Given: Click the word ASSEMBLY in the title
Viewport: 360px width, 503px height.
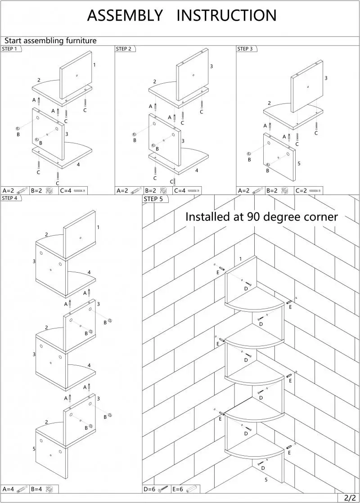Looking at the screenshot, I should point(125,16).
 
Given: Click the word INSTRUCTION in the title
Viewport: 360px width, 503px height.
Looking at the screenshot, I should point(226,16).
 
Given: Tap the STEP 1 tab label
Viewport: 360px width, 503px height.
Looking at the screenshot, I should point(10,49).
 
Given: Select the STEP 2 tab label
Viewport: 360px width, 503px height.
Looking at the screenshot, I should point(124,49).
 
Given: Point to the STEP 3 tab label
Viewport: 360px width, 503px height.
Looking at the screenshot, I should point(245,49).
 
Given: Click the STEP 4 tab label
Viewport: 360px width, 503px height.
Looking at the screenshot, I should point(10,198).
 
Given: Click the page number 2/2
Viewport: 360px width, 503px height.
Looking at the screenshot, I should point(350,498).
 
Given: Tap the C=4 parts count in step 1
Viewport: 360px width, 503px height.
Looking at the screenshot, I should point(66,191).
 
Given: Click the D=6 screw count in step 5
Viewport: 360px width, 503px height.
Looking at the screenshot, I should point(150,489).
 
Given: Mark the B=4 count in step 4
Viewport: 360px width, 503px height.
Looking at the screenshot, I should point(37,489).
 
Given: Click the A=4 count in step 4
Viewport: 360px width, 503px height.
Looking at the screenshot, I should point(9,489).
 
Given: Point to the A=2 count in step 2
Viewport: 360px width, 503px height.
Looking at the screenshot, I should point(122,191).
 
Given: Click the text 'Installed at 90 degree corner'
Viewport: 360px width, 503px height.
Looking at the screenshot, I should point(261,217).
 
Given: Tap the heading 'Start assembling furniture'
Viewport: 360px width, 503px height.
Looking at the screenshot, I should point(50,41).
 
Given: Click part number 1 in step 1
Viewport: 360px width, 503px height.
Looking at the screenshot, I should point(94,65).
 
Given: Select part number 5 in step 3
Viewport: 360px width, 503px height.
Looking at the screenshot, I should point(299,164).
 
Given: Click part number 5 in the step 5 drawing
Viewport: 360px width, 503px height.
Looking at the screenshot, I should point(266,480).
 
